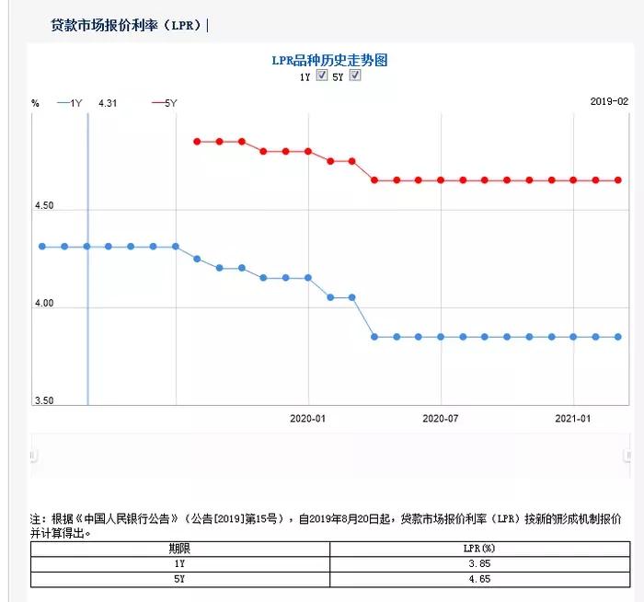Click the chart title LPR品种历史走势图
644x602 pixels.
point(329,60)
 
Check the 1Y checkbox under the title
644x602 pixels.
point(322,75)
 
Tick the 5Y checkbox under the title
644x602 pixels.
point(355,75)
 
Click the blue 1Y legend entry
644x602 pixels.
point(70,104)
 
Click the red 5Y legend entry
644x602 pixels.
point(165,104)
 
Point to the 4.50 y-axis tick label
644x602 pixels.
point(44,206)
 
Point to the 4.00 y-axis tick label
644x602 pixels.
point(44,304)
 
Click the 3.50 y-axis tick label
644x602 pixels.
point(44,401)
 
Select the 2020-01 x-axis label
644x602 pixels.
point(308,418)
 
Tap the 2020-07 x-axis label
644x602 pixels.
point(441,418)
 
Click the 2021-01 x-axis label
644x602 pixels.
point(573,418)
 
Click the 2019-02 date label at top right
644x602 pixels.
point(609,102)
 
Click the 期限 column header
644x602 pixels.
point(179,548)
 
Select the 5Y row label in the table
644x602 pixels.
point(179,579)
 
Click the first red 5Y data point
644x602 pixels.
point(197,142)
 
